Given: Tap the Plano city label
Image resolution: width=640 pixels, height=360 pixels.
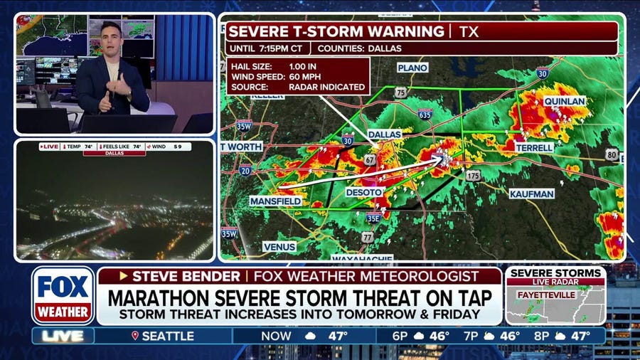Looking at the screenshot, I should pyautogui.click(x=412, y=68).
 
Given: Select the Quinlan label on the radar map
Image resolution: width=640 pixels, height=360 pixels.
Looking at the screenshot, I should pyautogui.click(x=565, y=101).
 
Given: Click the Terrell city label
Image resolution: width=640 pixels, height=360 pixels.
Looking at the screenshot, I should pyautogui.click(x=535, y=147).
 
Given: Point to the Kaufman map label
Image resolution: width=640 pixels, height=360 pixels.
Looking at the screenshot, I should pyautogui.click(x=533, y=193).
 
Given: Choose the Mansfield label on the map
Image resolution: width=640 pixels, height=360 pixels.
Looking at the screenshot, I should pyautogui.click(x=275, y=201).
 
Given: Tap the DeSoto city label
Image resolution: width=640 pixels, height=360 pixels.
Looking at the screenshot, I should pyautogui.click(x=364, y=192).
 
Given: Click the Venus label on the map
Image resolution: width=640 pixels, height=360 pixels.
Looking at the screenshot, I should pyautogui.click(x=279, y=246).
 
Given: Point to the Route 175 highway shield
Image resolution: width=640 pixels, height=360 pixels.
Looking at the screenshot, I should pyautogui.click(x=474, y=175).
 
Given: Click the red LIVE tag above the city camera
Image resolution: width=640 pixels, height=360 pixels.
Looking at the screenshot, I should pyautogui.click(x=50, y=146).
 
